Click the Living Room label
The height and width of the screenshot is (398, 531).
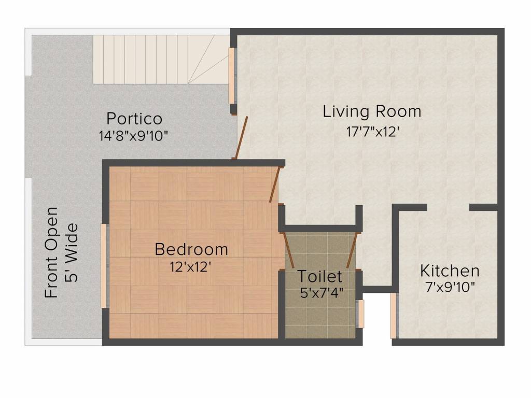tap(372, 111)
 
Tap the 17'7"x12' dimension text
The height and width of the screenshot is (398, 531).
tap(372, 132)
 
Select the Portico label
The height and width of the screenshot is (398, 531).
tap(134, 119)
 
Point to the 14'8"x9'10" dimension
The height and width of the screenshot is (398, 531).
tap(133, 136)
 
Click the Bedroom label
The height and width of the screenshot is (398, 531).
tap(191, 249)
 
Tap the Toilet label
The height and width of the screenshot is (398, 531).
tap(320, 276)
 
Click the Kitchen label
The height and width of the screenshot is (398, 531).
tap(450, 271)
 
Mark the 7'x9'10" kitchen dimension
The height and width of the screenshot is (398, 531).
tap(450, 287)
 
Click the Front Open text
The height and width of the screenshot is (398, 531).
tap(51, 252)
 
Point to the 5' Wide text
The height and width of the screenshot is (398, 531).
tap(71, 252)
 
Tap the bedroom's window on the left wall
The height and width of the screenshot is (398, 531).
tap(104, 266)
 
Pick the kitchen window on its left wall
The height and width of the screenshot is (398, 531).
tap(394, 316)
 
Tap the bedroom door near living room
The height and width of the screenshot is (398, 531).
tap(275, 184)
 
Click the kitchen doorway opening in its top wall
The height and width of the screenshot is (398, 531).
tap(448, 208)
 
